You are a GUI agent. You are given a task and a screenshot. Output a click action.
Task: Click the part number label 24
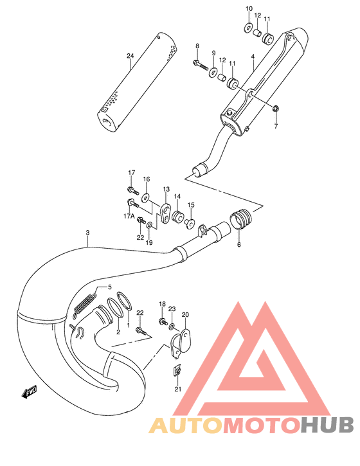click(x=130, y=57)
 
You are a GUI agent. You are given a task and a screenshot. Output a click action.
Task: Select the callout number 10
click(x=249, y=8)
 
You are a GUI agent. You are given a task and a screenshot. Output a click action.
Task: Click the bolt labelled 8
click(x=199, y=63)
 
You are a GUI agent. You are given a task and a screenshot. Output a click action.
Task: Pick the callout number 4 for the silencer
click(x=253, y=57)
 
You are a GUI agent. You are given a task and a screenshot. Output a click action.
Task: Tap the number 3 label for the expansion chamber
click(x=87, y=233)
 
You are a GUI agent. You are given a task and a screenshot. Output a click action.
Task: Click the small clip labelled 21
click(x=177, y=370)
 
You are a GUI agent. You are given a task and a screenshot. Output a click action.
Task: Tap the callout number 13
click(x=166, y=190)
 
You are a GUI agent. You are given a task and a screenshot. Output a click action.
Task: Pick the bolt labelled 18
click(x=163, y=320)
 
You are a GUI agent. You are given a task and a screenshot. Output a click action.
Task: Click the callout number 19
click(x=149, y=242)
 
